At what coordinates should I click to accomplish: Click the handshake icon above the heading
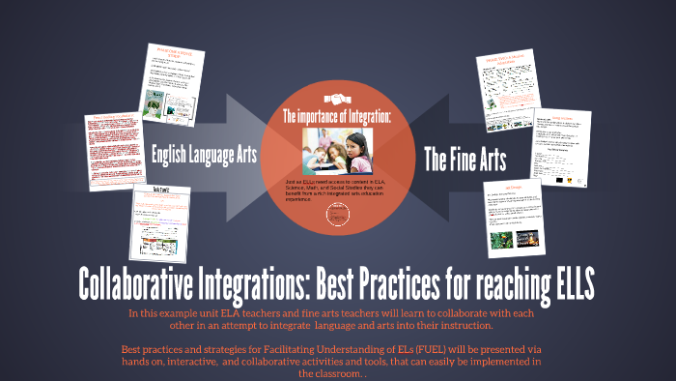pyautogui.click(x=337, y=98)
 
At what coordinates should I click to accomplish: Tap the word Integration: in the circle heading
pyautogui.click(x=365, y=117)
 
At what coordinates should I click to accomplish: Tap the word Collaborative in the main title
pyautogui.click(x=154, y=285)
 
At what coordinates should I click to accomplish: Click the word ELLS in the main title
pyautogui.click(x=565, y=285)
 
